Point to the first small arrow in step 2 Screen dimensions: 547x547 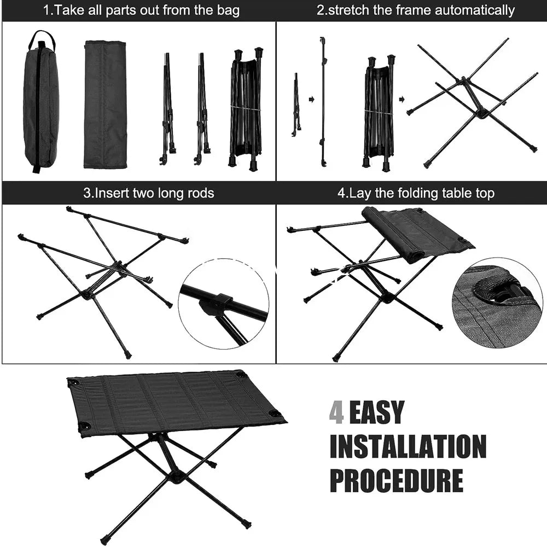pyautogui.click(x=312, y=100)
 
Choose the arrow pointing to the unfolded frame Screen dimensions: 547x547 pyautogui.click(x=401, y=100)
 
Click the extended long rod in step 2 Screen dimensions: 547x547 pyautogui.click(x=323, y=101)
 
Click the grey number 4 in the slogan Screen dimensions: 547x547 pyautogui.click(x=336, y=412)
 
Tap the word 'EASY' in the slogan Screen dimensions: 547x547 pyautogui.click(x=377, y=412)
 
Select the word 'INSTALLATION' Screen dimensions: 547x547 pyautogui.click(x=408, y=446)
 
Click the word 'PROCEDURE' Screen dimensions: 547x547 pyautogui.click(x=397, y=480)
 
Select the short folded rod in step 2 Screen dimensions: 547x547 pyautogui.click(x=296, y=104)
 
